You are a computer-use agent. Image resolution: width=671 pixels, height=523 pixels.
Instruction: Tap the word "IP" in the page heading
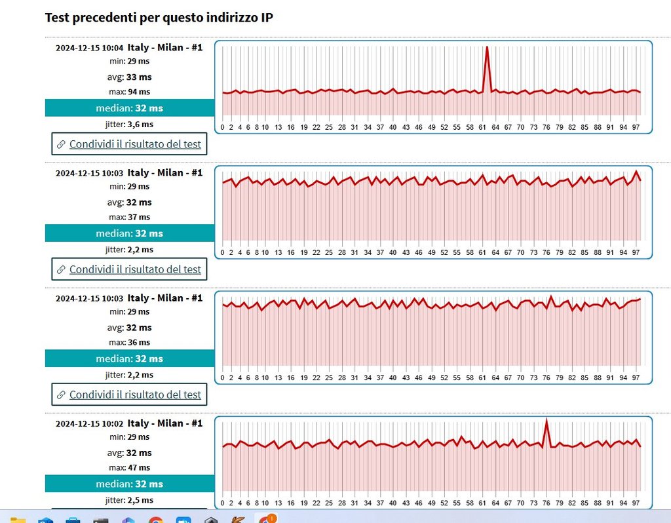pyautogui.click(x=265, y=18)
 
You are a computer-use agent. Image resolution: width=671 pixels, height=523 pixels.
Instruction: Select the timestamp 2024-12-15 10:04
pyautogui.click(x=89, y=48)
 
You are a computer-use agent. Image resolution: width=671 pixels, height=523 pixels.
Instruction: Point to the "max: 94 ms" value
pyautogui.click(x=129, y=92)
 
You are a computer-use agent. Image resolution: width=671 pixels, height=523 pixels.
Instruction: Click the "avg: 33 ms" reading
pyautogui.click(x=129, y=76)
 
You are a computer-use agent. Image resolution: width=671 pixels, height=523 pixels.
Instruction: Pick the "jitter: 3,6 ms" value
pyautogui.click(x=129, y=124)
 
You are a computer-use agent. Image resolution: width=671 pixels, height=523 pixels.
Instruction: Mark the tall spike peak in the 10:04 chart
pyautogui.click(x=487, y=47)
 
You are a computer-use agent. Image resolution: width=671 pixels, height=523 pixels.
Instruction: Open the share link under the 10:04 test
pyautogui.click(x=135, y=144)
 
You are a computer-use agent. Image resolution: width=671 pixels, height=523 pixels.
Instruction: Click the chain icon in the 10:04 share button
pyautogui.click(x=61, y=144)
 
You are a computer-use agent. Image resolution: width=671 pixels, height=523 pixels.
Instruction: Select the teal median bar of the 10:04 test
pyautogui.click(x=129, y=107)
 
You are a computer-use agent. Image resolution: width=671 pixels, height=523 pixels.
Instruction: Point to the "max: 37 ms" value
pyautogui.click(x=129, y=217)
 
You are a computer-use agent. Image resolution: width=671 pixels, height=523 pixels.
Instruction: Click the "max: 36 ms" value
pyautogui.click(x=129, y=342)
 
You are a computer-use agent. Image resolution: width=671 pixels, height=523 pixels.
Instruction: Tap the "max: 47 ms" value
pyautogui.click(x=129, y=467)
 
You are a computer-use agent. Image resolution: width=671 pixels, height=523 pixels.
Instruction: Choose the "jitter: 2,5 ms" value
pyautogui.click(x=129, y=500)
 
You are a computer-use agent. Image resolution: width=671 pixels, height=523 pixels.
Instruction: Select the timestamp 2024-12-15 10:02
pyautogui.click(x=89, y=423)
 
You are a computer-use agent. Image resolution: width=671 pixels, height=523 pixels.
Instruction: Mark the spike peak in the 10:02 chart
pyautogui.click(x=546, y=419)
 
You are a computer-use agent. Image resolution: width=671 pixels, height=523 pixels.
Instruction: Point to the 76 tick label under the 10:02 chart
pyautogui.click(x=546, y=503)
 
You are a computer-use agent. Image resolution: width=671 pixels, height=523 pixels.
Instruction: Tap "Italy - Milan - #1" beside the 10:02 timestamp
pyautogui.click(x=165, y=423)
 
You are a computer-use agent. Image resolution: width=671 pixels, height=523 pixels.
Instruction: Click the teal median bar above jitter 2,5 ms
pyautogui.click(x=129, y=484)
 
